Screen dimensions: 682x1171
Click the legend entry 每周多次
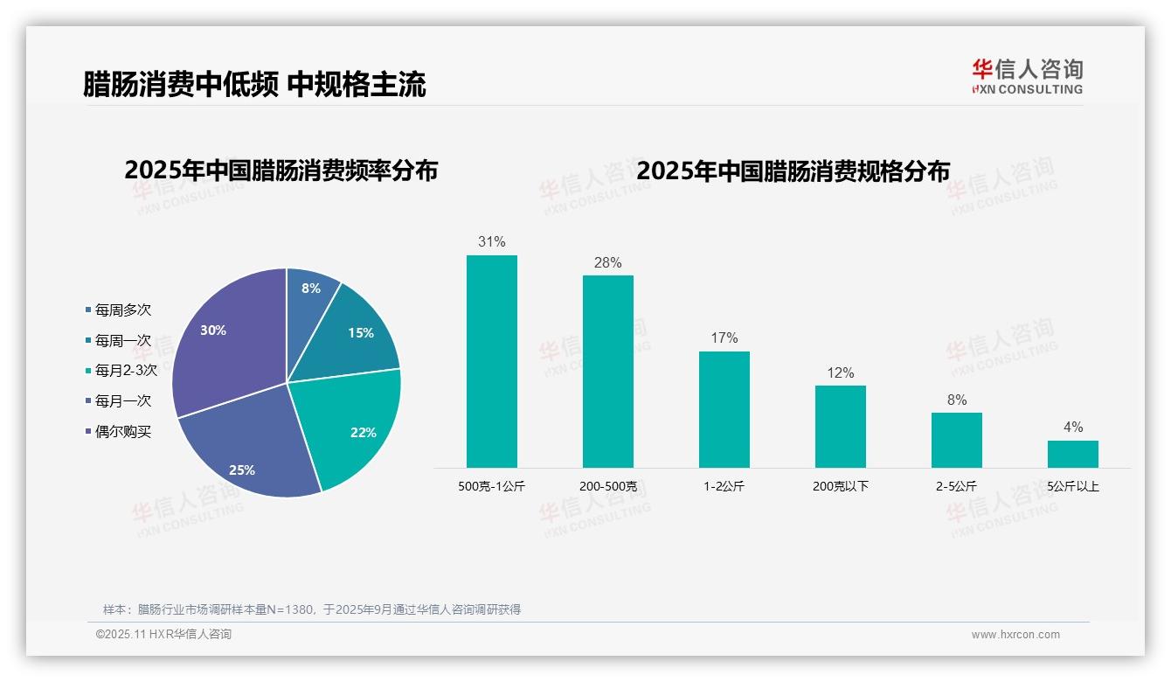point(122,310)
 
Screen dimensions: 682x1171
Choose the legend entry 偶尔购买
point(122,432)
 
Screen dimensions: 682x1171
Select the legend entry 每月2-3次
point(125,371)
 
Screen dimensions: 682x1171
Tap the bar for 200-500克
point(608,372)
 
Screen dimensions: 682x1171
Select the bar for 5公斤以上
point(1073,454)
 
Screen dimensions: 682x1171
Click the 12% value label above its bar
point(841,373)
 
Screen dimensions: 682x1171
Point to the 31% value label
point(492,242)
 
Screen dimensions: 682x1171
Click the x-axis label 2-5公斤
point(956,486)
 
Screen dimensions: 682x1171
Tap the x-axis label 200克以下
point(841,486)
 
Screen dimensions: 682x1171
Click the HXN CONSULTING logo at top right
point(1028,77)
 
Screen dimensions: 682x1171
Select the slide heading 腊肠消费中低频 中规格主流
point(254,85)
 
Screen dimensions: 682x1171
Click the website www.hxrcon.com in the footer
point(1015,635)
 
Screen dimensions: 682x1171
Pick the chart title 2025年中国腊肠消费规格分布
point(793,171)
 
